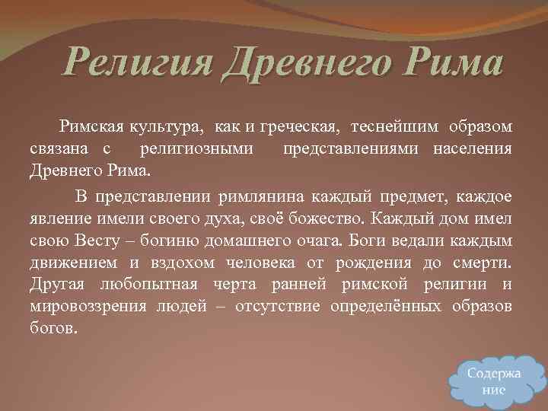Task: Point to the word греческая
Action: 301,125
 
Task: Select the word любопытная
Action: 148,285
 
